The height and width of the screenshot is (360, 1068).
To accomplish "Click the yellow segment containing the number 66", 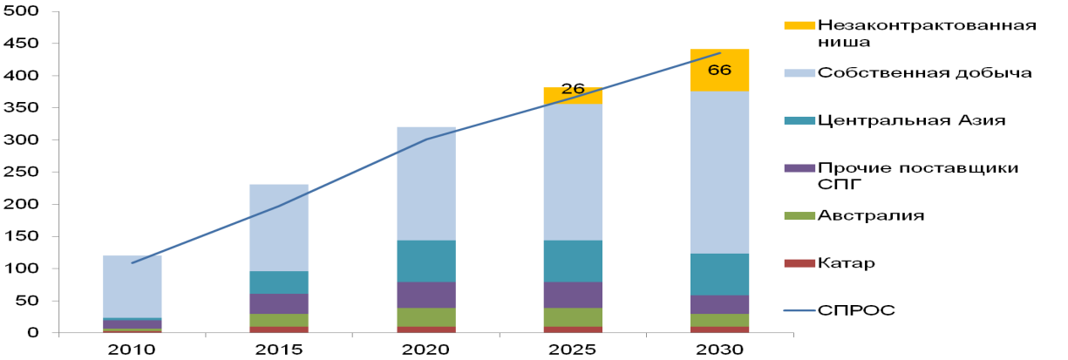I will pyautogui.click(x=719, y=70).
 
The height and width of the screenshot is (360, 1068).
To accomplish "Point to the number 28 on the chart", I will pyautogui.click(x=573, y=90).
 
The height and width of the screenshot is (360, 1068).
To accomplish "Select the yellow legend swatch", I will pyautogui.click(x=799, y=25).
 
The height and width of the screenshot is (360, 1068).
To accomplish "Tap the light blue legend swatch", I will pyautogui.click(x=799, y=73).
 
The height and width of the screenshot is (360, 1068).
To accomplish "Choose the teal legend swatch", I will pyautogui.click(x=799, y=120).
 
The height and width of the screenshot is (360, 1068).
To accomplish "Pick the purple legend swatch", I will pyautogui.click(x=799, y=168).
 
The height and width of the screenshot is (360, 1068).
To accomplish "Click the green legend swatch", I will pyautogui.click(x=799, y=215).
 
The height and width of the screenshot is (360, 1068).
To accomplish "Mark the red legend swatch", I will pyautogui.click(x=799, y=263).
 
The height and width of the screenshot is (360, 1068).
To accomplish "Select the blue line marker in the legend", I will pyautogui.click(x=799, y=310).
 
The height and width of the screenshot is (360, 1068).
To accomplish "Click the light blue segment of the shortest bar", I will pyautogui.click(x=133, y=286).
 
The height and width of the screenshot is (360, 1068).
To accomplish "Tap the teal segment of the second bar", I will pyautogui.click(x=279, y=282).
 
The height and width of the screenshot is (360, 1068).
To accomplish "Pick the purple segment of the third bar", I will pyautogui.click(x=426, y=295).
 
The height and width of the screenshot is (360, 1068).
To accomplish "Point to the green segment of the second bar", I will pyautogui.click(x=279, y=320).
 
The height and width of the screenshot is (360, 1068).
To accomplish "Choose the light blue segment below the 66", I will pyautogui.click(x=719, y=172).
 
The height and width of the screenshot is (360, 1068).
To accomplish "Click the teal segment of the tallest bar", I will pyautogui.click(x=719, y=274).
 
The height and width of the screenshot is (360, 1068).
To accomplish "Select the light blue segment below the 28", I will pyautogui.click(x=573, y=172).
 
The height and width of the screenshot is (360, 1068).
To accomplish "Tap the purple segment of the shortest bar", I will pyautogui.click(x=133, y=324).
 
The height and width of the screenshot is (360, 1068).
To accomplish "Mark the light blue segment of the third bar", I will pyautogui.click(x=426, y=183).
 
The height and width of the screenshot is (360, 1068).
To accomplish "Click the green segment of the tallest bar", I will pyautogui.click(x=719, y=320).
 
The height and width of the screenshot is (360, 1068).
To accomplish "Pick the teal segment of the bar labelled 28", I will pyautogui.click(x=573, y=261).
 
